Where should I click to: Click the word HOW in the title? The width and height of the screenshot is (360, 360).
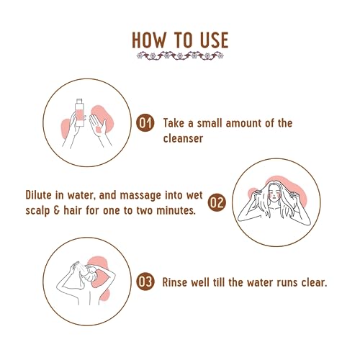click(x=149, y=40)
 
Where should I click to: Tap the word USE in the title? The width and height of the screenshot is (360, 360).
click(x=214, y=40)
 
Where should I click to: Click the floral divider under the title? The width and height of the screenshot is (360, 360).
click(x=180, y=56)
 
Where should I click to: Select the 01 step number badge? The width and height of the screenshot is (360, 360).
click(x=145, y=122)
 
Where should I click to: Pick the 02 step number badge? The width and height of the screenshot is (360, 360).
click(x=217, y=202)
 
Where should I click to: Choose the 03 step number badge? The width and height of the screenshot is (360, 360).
click(x=145, y=282)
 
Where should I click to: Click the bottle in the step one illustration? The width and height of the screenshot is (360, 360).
click(x=80, y=112)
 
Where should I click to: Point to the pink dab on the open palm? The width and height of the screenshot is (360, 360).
click(x=98, y=130)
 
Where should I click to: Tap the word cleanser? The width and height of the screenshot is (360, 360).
click(x=183, y=139)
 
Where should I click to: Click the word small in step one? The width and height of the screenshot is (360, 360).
click(x=210, y=123)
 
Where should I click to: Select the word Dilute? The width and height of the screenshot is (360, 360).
click(x=38, y=195)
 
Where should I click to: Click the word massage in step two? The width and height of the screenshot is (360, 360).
click(x=140, y=196)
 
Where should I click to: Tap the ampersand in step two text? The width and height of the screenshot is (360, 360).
click(x=56, y=210)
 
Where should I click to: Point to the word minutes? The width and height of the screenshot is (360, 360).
click(x=176, y=210)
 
